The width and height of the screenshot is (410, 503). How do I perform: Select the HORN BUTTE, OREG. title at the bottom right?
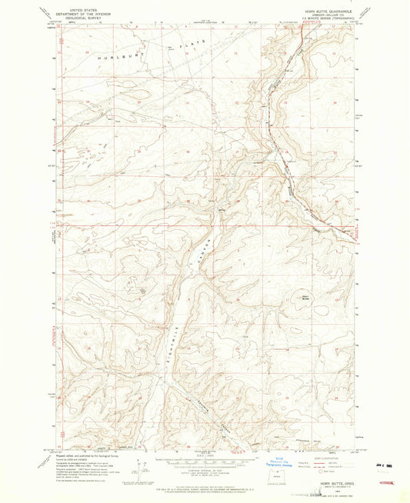335,482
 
